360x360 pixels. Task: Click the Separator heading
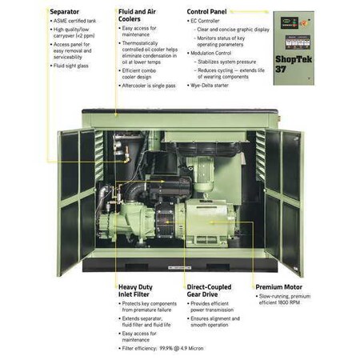[65, 12]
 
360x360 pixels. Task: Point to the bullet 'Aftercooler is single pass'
[154, 95]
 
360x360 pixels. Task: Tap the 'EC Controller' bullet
[212, 24]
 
